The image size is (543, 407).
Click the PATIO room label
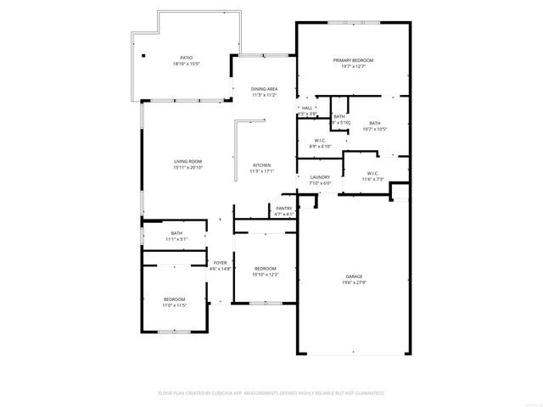pos(185,58)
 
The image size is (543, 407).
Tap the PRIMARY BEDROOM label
pos(353,60)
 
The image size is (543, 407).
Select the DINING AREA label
pos(264,89)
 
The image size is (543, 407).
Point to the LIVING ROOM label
pos(188,160)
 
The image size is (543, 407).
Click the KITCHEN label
pos(261,164)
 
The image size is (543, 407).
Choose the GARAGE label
pos(354,276)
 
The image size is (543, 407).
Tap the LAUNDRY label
pos(307,177)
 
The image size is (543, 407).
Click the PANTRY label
pos(283,208)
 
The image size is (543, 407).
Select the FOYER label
pos(220,263)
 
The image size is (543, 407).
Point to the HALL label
pos(307,108)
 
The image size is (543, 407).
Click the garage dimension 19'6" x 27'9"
pos(354,282)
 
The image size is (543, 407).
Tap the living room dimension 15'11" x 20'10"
pos(188,166)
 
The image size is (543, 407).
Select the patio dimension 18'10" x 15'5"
pos(185,64)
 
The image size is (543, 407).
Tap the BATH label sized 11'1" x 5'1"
pos(176,233)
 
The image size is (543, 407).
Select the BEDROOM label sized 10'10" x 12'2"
pos(266,269)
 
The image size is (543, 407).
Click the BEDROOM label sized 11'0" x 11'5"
pos(174,299)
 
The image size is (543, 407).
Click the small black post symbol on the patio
pos(143,56)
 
